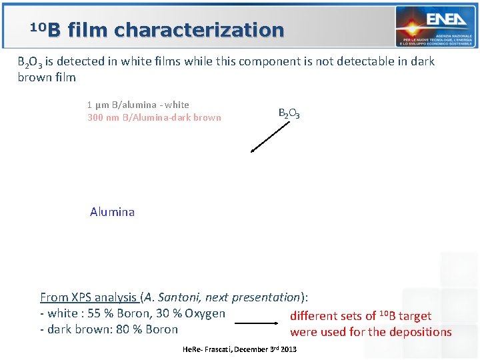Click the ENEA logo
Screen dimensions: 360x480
(436, 26)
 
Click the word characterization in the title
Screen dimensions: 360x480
(199, 30)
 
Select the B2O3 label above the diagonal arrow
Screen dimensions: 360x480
(289, 113)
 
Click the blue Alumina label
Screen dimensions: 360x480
(112, 212)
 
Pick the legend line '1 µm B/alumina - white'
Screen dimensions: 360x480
(138, 105)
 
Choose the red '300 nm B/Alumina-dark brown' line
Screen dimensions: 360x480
(154, 117)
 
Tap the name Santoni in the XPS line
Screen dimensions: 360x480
(191, 297)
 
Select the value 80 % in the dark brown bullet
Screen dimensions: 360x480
(128, 329)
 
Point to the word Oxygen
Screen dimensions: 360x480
(205, 313)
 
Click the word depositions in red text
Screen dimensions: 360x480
(420, 332)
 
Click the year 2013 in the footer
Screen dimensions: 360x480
(288, 349)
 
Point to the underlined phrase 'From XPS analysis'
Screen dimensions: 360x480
(89, 297)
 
